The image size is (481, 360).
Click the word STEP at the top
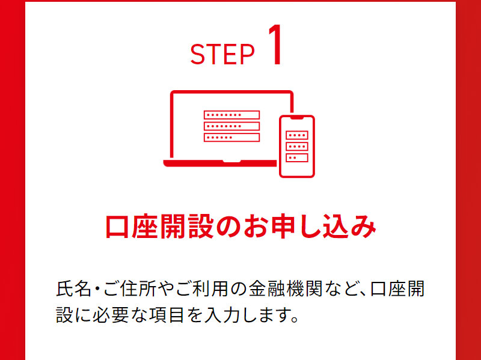[x=222, y=55]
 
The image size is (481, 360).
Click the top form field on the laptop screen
[x=231, y=115]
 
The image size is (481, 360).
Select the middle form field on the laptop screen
[x=231, y=126]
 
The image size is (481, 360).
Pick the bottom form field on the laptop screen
[x=231, y=138]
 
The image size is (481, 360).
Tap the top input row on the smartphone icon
[x=297, y=135]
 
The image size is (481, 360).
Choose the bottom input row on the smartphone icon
[x=297, y=157]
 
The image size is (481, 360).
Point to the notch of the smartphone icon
[x=297, y=118]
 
